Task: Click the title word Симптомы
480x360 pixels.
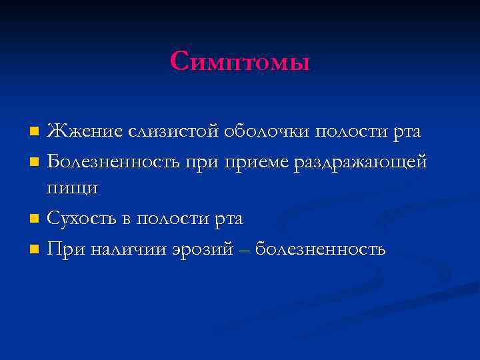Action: point(240,61)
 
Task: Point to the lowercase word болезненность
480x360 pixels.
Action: point(319,249)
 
